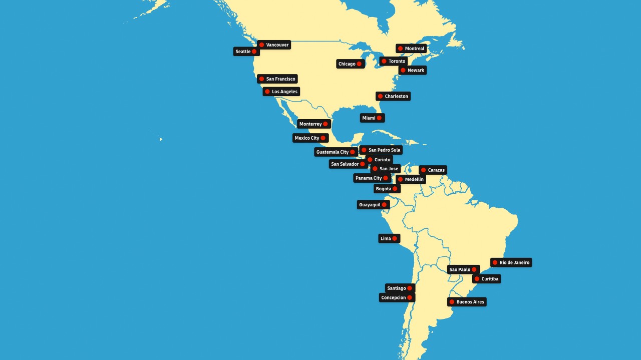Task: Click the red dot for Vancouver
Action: (x=261, y=45)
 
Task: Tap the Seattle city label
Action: (x=243, y=52)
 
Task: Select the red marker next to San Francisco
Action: (x=261, y=79)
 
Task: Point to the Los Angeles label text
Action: (x=284, y=92)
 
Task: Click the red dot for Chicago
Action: (x=359, y=64)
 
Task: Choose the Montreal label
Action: (x=414, y=49)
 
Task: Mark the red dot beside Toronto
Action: (x=384, y=61)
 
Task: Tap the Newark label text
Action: (x=416, y=71)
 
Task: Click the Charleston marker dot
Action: (x=380, y=96)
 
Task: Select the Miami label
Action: (x=369, y=118)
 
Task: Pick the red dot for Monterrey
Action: (x=326, y=124)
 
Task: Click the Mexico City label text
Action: (x=306, y=138)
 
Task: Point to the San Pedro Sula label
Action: (x=384, y=150)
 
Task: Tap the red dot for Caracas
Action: (x=423, y=170)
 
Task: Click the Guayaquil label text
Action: (x=370, y=205)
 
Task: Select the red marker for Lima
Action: (x=395, y=239)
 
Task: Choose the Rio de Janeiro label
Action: (x=514, y=263)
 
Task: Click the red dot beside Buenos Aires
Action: (x=452, y=302)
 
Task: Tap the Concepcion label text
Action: (x=393, y=298)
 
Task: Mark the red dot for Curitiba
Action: (x=477, y=279)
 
